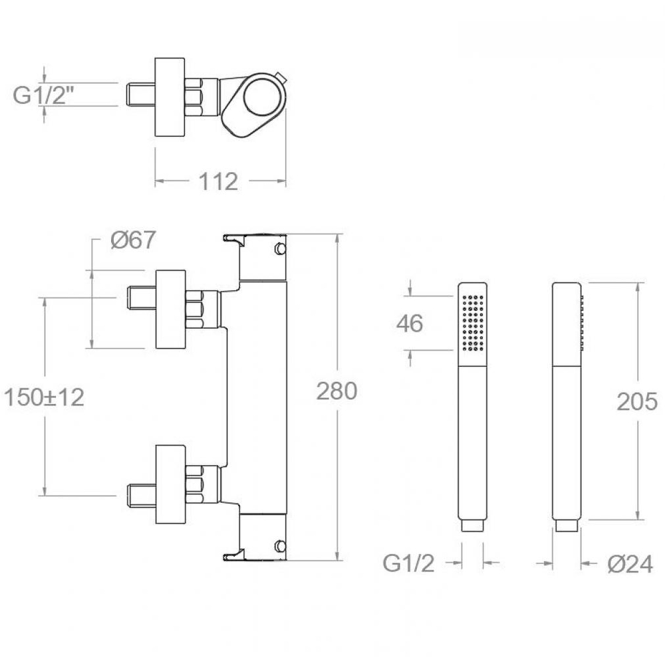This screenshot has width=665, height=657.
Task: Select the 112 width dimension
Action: (218, 181)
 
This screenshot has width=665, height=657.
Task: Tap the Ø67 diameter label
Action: (133, 240)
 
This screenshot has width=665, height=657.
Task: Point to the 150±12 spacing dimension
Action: (44, 398)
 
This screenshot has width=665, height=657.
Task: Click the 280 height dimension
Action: (336, 391)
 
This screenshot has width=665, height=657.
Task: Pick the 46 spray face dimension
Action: (410, 324)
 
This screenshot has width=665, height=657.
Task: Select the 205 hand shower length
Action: (637, 401)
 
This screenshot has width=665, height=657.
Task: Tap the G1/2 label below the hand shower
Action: (409, 563)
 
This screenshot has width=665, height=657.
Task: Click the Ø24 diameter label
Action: (630, 564)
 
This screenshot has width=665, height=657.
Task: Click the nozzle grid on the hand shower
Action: (473, 323)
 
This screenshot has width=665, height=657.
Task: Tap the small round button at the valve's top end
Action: (281, 248)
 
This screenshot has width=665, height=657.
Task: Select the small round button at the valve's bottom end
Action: (281, 545)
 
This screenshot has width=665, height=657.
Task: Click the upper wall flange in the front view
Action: (171, 309)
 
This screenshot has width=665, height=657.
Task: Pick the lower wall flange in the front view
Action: (171, 484)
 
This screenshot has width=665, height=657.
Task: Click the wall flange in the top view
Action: (170, 97)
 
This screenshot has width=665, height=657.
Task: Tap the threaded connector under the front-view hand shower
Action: (472, 525)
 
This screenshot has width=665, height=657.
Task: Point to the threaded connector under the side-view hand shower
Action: (567, 525)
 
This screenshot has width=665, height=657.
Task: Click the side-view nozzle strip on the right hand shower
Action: (582, 324)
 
